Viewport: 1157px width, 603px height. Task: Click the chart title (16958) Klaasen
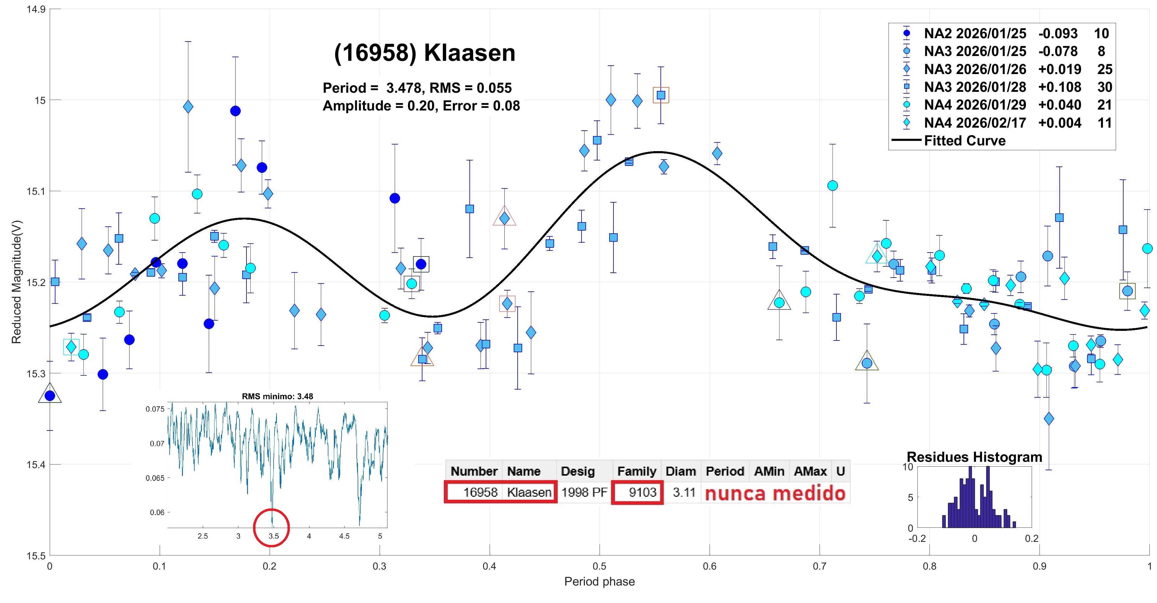tap(425, 53)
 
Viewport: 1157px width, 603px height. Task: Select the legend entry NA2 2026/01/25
tap(975, 33)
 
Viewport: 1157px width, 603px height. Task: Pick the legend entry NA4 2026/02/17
tap(975, 123)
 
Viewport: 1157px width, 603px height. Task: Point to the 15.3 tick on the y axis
tap(36, 373)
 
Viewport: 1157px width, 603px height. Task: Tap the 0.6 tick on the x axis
tap(710, 566)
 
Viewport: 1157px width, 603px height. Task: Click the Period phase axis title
tap(599, 582)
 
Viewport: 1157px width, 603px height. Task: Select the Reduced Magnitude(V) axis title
tap(16, 282)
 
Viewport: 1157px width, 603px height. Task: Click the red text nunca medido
tap(775, 493)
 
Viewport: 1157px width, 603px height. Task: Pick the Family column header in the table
tap(636, 471)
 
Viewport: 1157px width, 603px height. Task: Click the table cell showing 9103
tap(642, 492)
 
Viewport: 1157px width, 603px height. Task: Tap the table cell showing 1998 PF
tap(584, 492)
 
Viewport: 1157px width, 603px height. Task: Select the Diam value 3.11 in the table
tap(684, 492)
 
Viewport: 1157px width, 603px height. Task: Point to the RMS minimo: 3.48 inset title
tap(277, 396)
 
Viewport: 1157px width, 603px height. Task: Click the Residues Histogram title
tap(974, 457)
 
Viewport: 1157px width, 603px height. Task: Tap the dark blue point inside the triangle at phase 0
tap(50, 396)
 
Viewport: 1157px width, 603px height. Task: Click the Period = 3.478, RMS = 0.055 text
tap(417, 88)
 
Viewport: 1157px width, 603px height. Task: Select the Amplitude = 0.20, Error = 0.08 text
tap(421, 106)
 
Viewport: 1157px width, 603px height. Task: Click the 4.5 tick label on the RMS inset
tap(344, 536)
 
